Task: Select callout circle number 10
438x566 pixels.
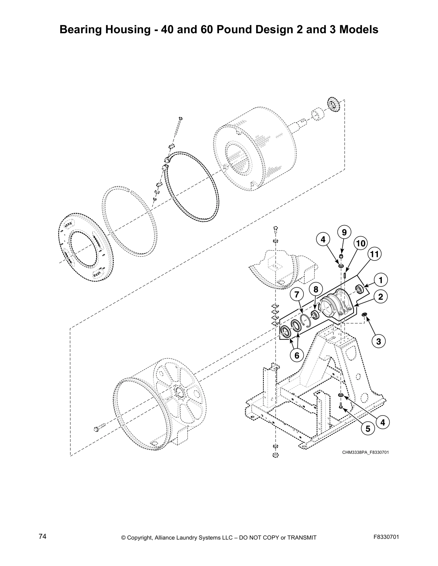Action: tap(361, 244)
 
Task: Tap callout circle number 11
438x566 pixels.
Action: tap(374, 254)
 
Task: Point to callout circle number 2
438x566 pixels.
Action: tap(381, 297)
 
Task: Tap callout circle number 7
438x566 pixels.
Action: tap(296, 295)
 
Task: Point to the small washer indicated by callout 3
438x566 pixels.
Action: tap(365, 314)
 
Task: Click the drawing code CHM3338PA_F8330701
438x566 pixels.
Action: tap(365, 452)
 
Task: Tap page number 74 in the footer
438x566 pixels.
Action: tap(42, 537)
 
